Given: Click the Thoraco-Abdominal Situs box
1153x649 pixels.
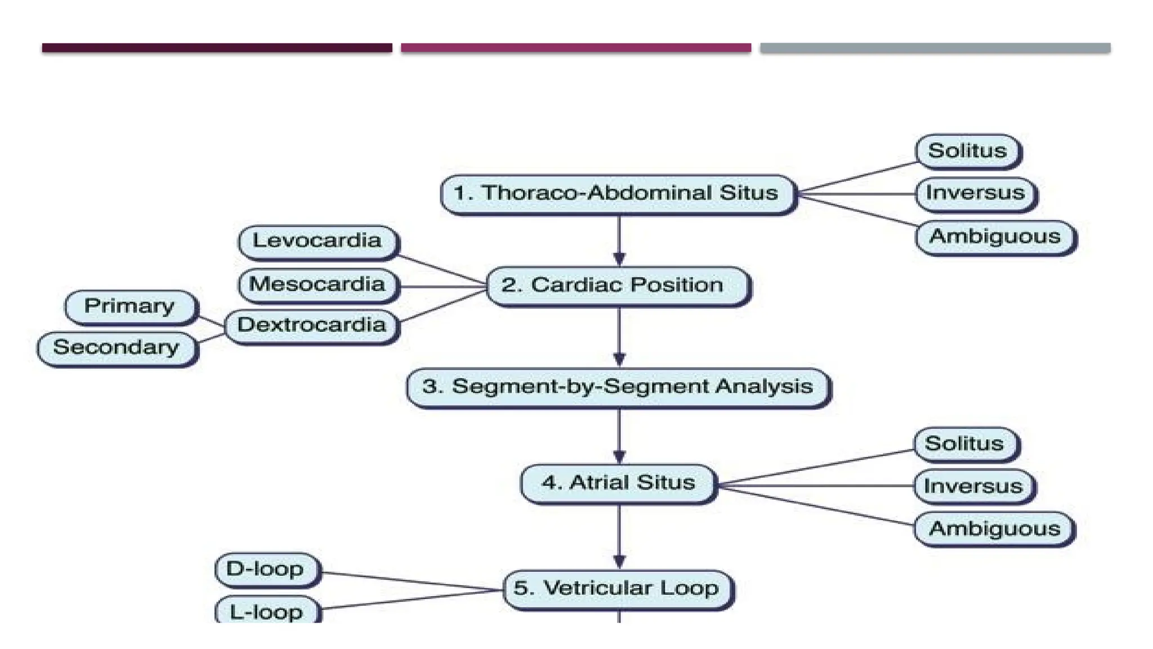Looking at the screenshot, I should point(618,193).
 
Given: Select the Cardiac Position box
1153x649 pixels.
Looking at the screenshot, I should point(618,286).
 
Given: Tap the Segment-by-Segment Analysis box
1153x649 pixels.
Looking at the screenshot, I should point(618,387).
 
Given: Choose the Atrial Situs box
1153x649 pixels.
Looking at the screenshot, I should point(618,483).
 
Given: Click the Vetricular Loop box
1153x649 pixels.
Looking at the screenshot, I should point(618,589).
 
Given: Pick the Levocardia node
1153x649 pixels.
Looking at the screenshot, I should point(318,241).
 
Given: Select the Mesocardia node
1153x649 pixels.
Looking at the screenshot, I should point(318,285).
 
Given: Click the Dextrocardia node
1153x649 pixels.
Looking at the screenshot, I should point(311,326).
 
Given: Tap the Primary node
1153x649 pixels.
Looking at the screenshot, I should point(129,306).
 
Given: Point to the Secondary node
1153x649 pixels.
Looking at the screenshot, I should point(117,348).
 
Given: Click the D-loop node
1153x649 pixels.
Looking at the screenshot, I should point(266,569).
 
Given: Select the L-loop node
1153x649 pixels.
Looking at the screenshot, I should point(266,611).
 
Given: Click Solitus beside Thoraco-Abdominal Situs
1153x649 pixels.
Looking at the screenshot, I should point(967,151).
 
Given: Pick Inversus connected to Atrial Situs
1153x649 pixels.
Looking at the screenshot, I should point(973,486).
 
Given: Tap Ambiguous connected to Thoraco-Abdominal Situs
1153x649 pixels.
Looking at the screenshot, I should point(995,237).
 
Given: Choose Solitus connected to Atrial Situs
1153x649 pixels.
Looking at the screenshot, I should point(964,444).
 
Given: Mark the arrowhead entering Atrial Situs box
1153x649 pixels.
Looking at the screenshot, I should point(619,456).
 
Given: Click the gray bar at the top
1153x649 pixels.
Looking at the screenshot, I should point(935,48).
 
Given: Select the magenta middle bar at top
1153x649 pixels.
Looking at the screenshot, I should point(575,48).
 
